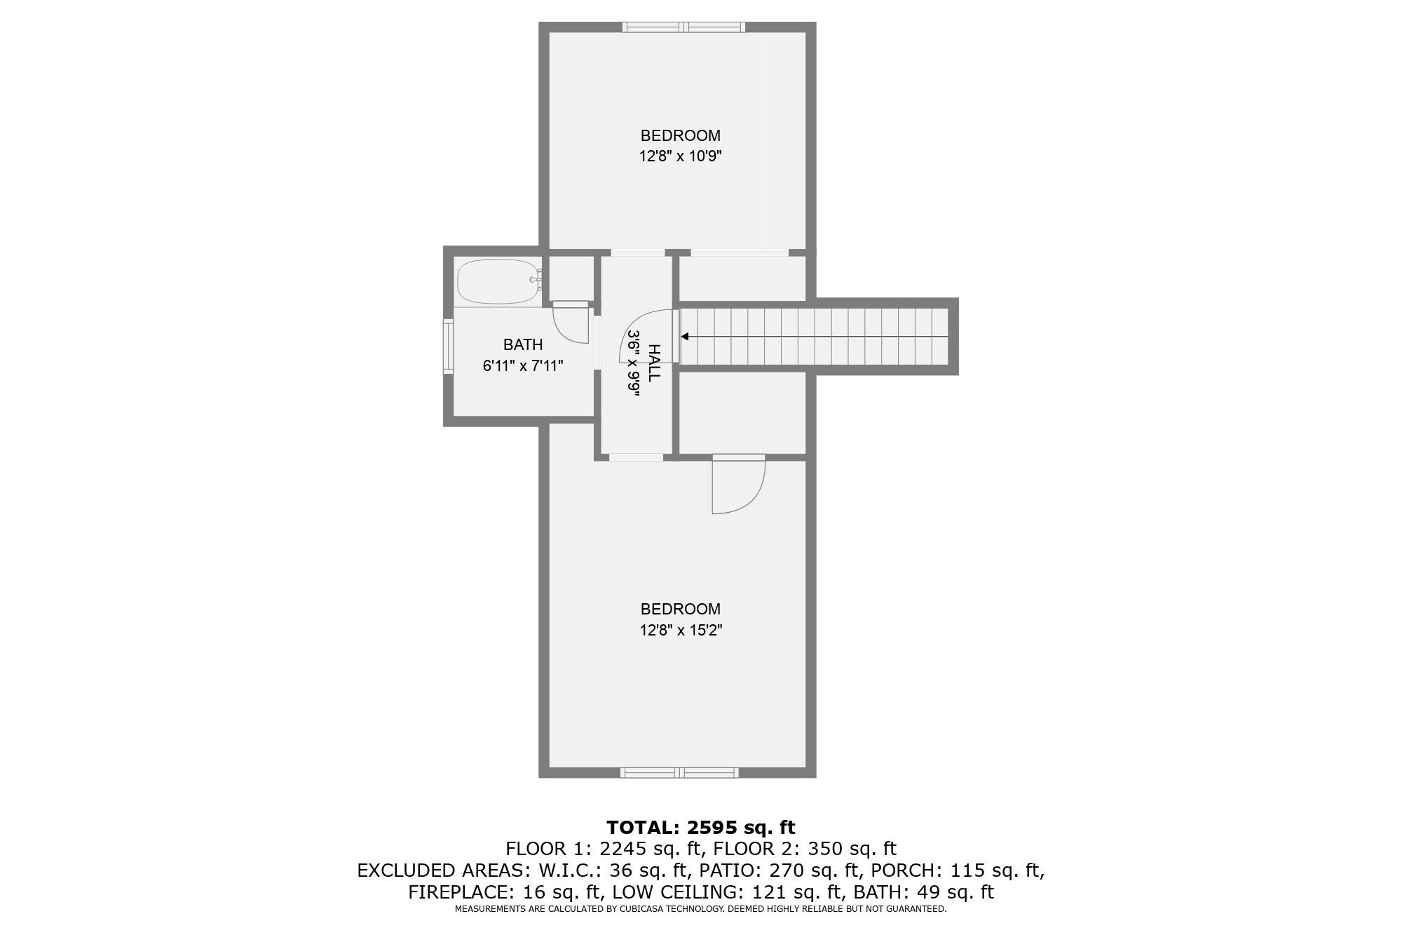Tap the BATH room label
[523, 344]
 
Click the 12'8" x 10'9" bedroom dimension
[680, 156]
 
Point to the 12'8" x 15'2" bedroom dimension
[680, 630]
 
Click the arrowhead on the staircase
[685, 337]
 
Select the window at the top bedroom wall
[683, 27]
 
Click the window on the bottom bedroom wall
[679, 773]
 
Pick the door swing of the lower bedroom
[737, 486]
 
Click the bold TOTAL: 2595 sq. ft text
[700, 828]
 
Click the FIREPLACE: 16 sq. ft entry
[505, 892]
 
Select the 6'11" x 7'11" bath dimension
[523, 365]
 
